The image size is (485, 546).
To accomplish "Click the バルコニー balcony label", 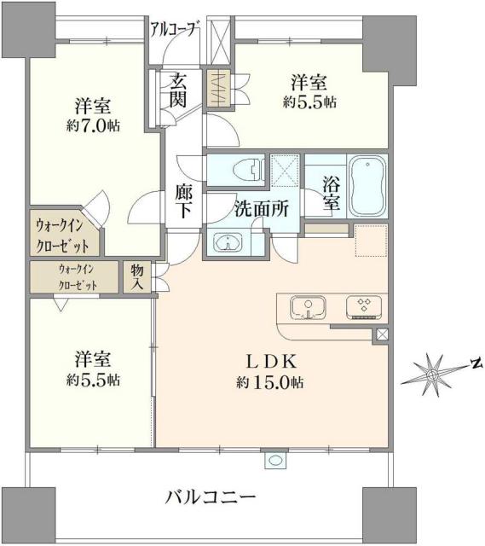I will pos(211,497).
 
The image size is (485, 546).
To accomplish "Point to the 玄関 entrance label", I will pos(178,90).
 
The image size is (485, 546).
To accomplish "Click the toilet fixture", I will pos(245,168).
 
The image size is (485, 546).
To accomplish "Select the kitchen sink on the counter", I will pos(304,305).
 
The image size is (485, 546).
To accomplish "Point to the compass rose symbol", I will pos(434,371).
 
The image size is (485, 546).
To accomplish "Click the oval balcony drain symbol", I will pos(274,461).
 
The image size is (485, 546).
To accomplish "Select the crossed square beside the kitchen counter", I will pos(380,334).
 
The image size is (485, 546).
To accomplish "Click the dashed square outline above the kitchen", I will pos(371,241).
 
